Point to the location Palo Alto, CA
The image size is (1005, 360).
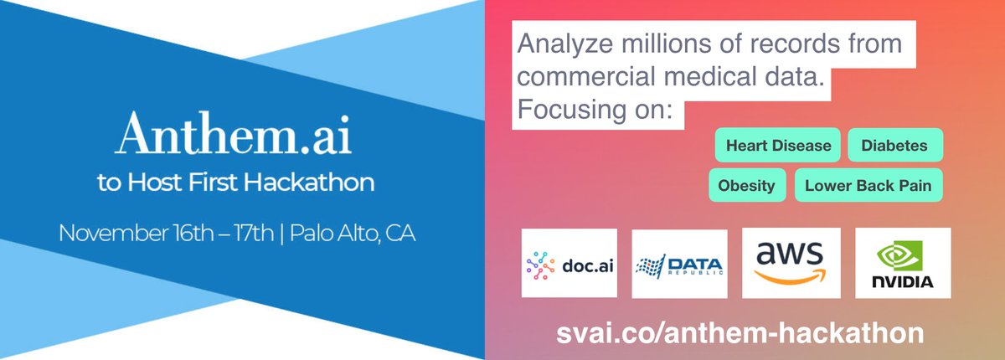(351, 232)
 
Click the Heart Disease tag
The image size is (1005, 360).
(778, 146)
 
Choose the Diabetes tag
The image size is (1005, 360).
(895, 146)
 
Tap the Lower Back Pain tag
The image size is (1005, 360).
(868, 185)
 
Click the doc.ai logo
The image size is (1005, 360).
(569, 263)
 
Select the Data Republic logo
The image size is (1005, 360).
(679, 263)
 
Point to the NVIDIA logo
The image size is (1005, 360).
(902, 263)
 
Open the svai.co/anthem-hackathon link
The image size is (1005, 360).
(740, 332)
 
